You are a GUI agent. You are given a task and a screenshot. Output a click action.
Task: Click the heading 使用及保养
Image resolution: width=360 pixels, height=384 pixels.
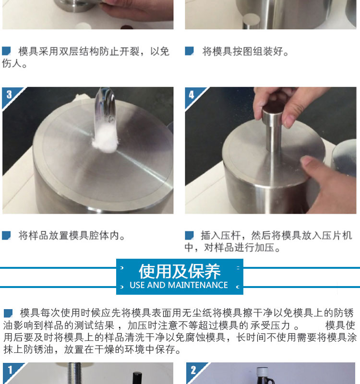(x=180, y=271)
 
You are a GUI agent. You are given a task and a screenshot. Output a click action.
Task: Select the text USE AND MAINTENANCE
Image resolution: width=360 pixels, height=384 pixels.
(x=179, y=285)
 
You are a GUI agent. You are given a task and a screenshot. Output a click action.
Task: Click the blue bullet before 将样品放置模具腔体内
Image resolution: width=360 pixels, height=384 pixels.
(x=6, y=235)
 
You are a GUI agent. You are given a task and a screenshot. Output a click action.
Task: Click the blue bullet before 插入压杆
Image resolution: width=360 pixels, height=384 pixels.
(x=189, y=235)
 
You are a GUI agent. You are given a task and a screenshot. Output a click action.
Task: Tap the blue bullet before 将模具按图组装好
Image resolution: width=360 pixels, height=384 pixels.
(x=189, y=51)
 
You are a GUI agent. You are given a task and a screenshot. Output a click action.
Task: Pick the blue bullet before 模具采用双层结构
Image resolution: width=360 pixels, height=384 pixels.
(x=6, y=51)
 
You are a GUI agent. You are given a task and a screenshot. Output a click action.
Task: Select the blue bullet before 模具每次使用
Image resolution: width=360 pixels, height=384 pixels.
(x=8, y=313)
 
